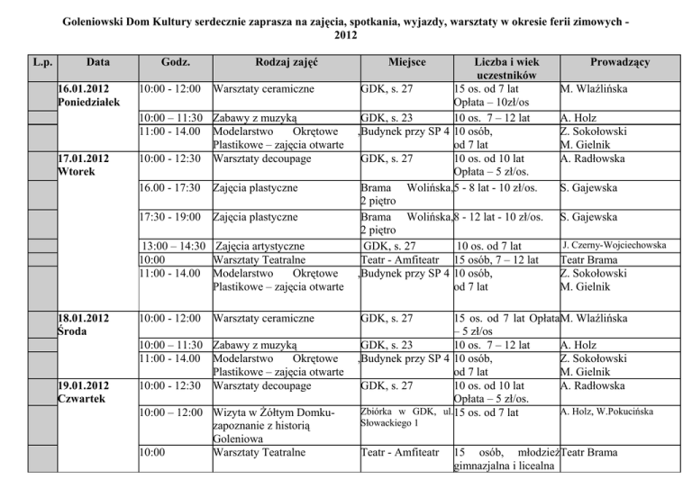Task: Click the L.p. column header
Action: point(41,62)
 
